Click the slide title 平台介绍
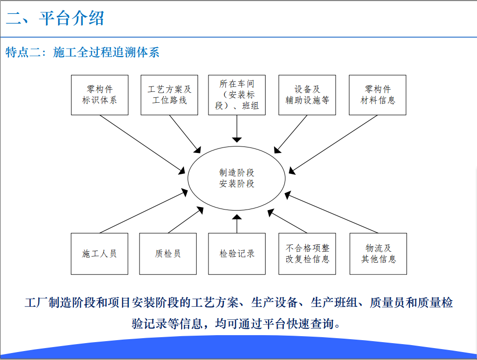click(72, 18)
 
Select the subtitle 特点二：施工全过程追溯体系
click(82, 52)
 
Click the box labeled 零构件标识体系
click(100, 95)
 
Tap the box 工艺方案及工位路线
click(169, 95)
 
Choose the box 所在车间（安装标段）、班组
click(237, 95)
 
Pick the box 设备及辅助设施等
click(307, 95)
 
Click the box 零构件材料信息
click(378, 95)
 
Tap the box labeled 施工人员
click(99, 254)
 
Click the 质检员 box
click(168, 254)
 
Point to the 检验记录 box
click(237, 254)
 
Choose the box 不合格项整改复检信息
click(307, 254)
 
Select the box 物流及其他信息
click(378, 254)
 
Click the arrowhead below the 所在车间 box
click(237, 140)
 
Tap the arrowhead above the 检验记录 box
click(237, 217)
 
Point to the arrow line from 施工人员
click(143, 211)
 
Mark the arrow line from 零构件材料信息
click(333, 144)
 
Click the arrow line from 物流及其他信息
click(331, 213)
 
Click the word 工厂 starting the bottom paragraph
click(37, 303)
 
